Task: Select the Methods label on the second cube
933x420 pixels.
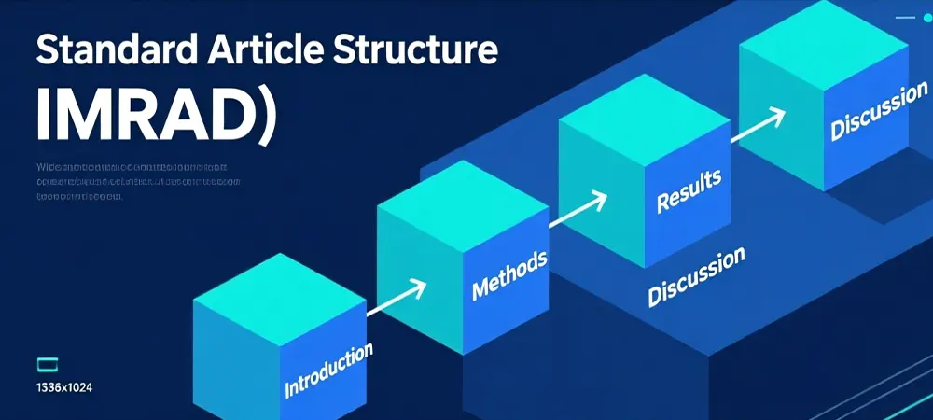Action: click(509, 273)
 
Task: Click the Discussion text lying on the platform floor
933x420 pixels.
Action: click(696, 276)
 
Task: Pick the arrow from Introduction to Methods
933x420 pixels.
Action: click(397, 298)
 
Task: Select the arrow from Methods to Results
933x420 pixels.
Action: click(578, 210)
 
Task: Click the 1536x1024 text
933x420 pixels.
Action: click(64, 387)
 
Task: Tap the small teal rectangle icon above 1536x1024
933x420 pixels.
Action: click(46, 364)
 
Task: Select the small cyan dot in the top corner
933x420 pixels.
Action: click(926, 17)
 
